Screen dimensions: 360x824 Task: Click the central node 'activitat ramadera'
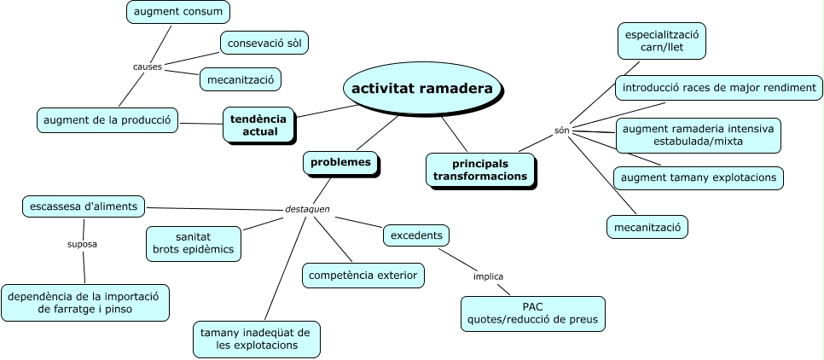(421, 88)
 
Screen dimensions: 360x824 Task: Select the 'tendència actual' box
(259, 125)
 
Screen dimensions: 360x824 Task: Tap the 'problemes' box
(340, 162)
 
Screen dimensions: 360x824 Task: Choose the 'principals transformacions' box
(479, 169)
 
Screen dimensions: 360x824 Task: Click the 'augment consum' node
(178, 12)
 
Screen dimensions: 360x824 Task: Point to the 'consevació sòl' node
(265, 42)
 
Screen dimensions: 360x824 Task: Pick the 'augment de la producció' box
(107, 120)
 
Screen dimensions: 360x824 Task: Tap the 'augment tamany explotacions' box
(698, 177)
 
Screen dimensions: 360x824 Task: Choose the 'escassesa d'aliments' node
(86, 206)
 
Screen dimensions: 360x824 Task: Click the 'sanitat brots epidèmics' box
(194, 243)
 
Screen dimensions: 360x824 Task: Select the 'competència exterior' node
(363, 275)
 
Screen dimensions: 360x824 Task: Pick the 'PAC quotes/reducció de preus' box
(533, 313)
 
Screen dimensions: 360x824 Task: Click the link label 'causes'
(148, 67)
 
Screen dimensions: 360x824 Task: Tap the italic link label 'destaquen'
(307, 209)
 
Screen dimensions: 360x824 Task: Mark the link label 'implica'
(489, 276)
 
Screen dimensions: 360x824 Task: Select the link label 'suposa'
(83, 244)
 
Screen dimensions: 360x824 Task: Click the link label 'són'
(561, 131)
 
